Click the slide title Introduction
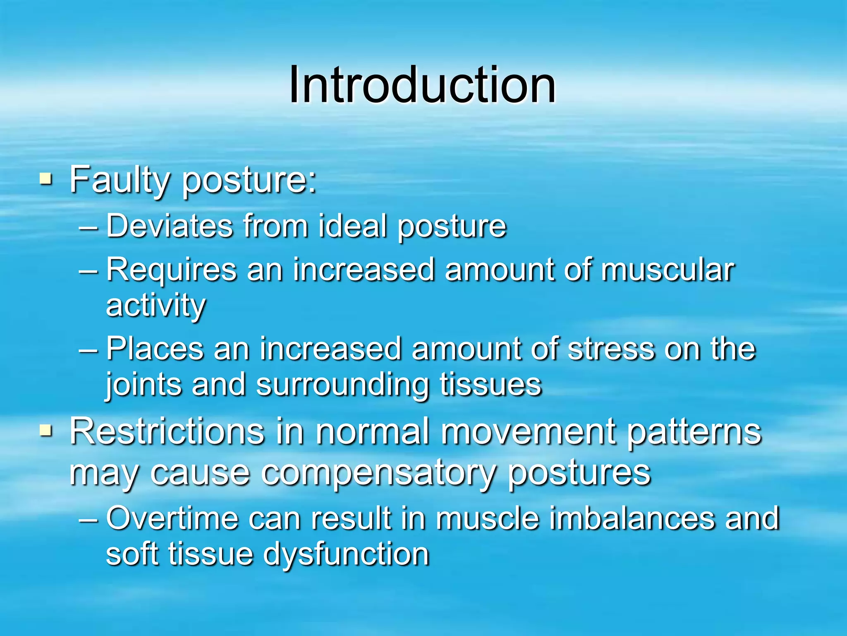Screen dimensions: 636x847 tap(422, 85)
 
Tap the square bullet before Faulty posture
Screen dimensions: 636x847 tap(46, 179)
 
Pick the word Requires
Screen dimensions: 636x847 tap(171, 270)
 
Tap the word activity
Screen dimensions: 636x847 tap(156, 306)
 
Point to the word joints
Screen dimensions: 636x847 tap(143, 385)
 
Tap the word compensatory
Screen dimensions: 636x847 tap(376, 473)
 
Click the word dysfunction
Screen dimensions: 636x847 tap(346, 554)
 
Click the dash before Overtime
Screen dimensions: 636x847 tap(89, 519)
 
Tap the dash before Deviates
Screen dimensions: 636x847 tap(89, 226)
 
